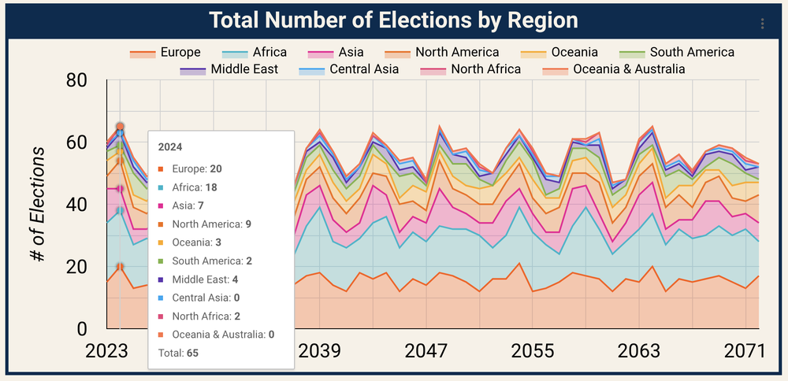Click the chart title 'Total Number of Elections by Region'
[393, 20]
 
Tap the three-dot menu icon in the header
[762, 24]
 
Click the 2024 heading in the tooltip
[170, 146]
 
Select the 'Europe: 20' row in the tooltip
[193, 169]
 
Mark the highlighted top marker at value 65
[120, 127]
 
